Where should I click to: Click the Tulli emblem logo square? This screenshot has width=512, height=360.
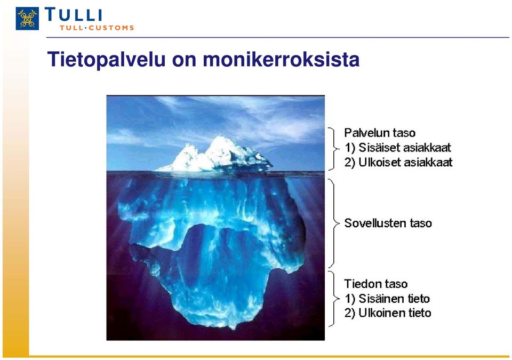(x=27, y=19)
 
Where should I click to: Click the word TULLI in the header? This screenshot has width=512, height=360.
(x=74, y=15)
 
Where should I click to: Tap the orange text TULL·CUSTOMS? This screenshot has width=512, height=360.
(x=97, y=28)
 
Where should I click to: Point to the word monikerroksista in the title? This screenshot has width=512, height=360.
(x=281, y=59)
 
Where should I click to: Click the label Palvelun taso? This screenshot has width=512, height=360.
(x=380, y=133)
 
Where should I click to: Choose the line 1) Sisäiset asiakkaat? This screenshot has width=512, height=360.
(x=398, y=148)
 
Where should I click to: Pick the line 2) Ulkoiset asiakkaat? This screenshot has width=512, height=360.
(x=398, y=162)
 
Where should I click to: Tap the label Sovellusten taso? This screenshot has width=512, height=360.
(x=388, y=223)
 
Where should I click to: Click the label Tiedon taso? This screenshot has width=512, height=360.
(x=376, y=284)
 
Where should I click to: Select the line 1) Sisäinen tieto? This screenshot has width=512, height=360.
(x=387, y=299)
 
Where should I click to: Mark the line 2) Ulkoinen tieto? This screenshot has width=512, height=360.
(x=388, y=313)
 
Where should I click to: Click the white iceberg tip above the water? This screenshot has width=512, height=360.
(x=215, y=155)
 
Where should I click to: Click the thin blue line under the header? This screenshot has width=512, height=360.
(x=277, y=37)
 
